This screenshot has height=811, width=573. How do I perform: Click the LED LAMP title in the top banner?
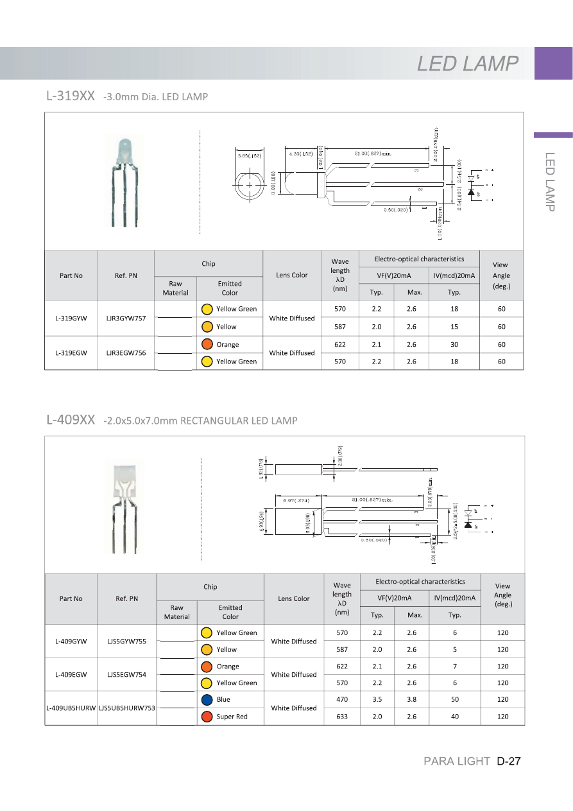(x=468, y=64)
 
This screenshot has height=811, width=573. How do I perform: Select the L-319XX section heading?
(x=71, y=96)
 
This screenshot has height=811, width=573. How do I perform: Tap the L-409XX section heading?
(x=71, y=420)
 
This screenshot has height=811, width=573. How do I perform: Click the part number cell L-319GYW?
(x=71, y=318)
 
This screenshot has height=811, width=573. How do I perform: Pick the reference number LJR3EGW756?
(x=126, y=353)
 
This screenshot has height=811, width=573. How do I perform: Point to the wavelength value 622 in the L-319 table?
(x=340, y=344)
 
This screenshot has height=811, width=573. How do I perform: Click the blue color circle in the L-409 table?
(x=207, y=699)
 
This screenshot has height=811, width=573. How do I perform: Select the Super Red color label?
(x=232, y=716)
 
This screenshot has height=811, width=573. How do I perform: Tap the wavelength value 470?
(x=342, y=699)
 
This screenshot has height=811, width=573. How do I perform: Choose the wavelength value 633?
(x=342, y=716)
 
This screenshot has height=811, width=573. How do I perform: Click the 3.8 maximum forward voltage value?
(x=412, y=699)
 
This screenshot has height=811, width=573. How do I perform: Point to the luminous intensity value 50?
(x=455, y=699)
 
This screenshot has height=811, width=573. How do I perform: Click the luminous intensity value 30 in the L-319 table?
(x=454, y=344)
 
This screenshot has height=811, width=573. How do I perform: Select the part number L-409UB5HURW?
(x=71, y=708)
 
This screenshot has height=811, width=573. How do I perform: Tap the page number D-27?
(x=508, y=762)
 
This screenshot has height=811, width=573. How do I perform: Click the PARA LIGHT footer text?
(x=457, y=762)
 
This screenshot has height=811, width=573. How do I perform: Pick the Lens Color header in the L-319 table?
(x=292, y=275)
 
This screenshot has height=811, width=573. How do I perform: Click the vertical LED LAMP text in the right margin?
(x=550, y=181)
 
